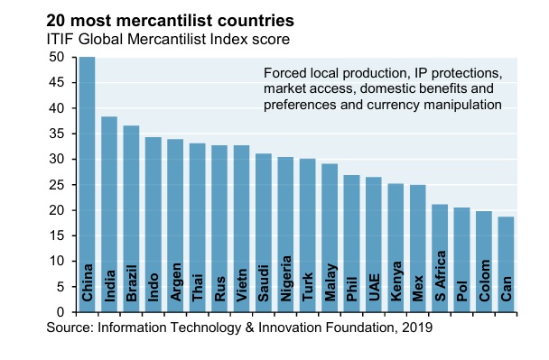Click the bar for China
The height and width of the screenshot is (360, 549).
[x=88, y=185]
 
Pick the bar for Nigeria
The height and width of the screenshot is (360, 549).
[x=285, y=235]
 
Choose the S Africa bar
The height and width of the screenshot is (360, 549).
[x=440, y=258]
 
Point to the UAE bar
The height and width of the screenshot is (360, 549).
[x=374, y=245]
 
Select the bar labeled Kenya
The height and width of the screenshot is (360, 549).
[x=395, y=247]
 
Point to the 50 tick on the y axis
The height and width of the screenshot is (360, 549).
[x=58, y=57]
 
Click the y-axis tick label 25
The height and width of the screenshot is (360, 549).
[x=58, y=185]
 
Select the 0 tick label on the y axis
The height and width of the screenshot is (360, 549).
[x=61, y=312]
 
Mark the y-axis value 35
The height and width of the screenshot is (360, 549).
[x=58, y=134]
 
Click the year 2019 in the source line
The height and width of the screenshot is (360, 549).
[x=418, y=329]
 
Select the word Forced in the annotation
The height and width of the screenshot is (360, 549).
[x=285, y=72]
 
